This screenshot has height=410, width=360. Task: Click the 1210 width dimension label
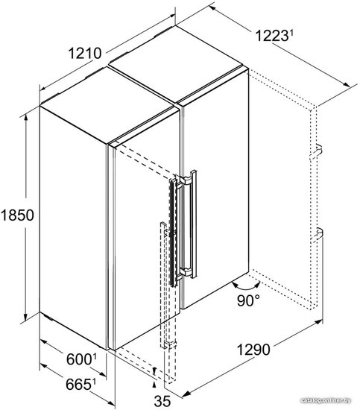click(x=85, y=54)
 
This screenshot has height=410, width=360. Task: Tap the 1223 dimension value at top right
click(x=271, y=36)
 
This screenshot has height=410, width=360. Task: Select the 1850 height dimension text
click(x=17, y=215)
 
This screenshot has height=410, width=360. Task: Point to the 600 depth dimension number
click(x=79, y=359)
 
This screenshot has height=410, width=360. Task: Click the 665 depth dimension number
click(x=78, y=384)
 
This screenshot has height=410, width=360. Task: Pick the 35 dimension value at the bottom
click(x=162, y=401)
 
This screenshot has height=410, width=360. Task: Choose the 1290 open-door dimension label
click(x=253, y=350)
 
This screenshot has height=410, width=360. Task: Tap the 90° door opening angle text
click(x=249, y=300)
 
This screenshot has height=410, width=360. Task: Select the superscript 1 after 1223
click(x=290, y=34)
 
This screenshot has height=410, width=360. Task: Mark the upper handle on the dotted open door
click(x=317, y=152)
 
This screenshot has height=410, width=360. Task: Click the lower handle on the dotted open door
click(x=317, y=235)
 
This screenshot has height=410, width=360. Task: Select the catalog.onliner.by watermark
click(x=326, y=400)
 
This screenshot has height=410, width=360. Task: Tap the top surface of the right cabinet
click(x=178, y=62)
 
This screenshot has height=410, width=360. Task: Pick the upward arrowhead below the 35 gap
click(x=154, y=385)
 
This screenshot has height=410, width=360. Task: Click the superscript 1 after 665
click(x=93, y=382)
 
